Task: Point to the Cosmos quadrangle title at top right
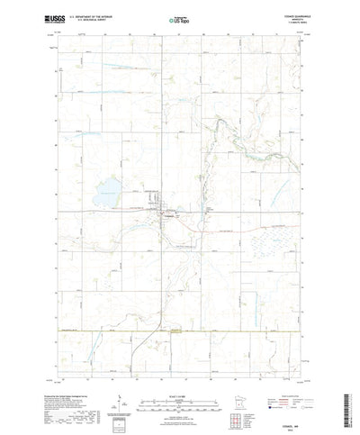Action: pyautogui.click(x=282, y=14)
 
